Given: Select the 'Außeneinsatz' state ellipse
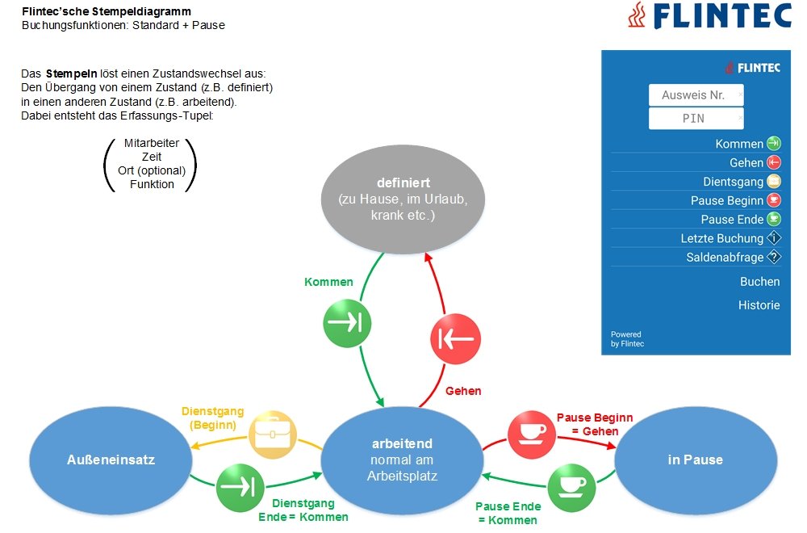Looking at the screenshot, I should [111, 460].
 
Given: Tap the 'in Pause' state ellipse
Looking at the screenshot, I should [695, 460].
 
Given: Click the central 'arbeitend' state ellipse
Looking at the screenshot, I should [402, 460].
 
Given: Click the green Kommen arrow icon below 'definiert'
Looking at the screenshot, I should [348, 324].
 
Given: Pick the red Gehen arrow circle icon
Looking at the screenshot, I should [456, 340].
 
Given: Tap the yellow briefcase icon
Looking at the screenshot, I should [271, 435].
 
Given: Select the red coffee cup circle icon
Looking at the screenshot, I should [532, 434].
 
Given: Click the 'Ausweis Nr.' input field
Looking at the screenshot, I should [696, 95].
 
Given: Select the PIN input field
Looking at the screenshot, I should [696, 118].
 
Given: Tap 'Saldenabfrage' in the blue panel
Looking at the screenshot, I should [725, 258].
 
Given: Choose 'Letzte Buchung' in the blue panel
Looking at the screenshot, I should [721, 238].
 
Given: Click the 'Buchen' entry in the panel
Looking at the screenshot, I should [759, 282].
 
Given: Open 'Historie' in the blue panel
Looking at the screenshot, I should [759, 305].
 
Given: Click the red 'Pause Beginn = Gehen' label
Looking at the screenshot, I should [595, 424].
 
